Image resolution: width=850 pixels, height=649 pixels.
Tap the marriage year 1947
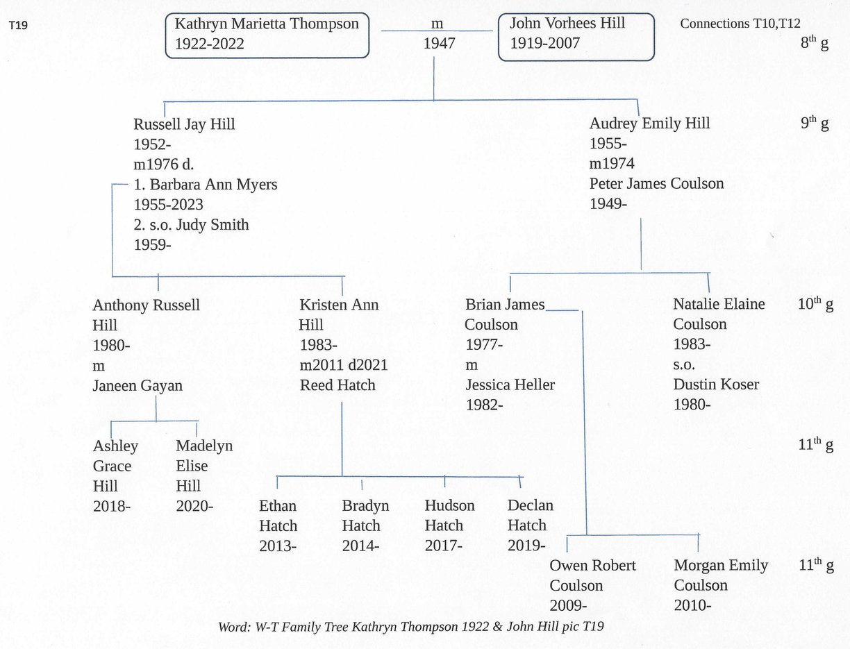(439, 43)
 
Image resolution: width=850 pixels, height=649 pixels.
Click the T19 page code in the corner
(18, 26)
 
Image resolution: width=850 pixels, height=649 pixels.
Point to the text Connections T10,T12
(740, 24)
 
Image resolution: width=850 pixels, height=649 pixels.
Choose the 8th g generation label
(815, 42)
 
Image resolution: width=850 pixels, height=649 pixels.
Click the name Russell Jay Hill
(184, 124)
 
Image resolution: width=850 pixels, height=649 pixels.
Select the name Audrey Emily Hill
(650, 124)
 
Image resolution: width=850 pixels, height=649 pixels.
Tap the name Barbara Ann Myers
(213, 185)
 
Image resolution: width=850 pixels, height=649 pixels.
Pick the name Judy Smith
(212, 225)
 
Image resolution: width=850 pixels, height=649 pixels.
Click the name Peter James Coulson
(656, 183)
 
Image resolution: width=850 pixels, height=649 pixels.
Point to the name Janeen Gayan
(137, 386)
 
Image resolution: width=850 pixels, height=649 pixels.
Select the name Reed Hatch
(337, 385)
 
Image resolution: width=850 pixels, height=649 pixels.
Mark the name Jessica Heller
(510, 385)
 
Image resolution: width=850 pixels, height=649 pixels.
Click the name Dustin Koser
(716, 385)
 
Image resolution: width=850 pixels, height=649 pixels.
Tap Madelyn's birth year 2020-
(194, 506)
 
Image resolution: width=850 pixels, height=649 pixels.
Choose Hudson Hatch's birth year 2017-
(443, 546)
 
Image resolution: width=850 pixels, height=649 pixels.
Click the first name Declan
(531, 505)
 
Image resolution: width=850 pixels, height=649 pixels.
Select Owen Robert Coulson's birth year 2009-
(568, 605)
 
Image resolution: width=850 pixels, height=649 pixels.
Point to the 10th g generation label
(815, 305)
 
